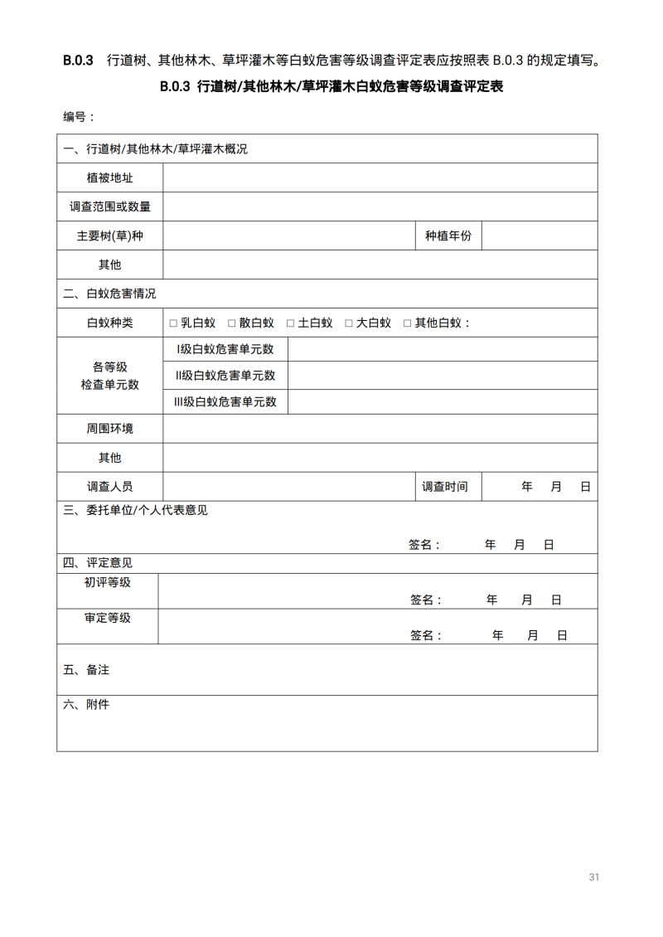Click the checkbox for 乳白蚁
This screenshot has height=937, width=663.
pyautogui.click(x=173, y=323)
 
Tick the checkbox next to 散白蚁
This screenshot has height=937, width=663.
pyautogui.click(x=232, y=323)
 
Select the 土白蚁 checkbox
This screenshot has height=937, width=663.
pyautogui.click(x=291, y=323)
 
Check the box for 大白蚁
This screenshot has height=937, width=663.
pyautogui.click(x=349, y=323)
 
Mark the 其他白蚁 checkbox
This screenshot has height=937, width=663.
pyautogui.click(x=407, y=323)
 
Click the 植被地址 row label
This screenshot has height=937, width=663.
pyautogui.click(x=109, y=177)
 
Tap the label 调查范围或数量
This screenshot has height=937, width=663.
pyautogui.click(x=109, y=206)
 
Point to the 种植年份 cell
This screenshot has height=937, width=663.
pyautogui.click(x=448, y=235)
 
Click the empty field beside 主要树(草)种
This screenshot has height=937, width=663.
pyautogui.click(x=288, y=235)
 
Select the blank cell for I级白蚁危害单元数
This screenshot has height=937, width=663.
pyautogui.click(x=442, y=349)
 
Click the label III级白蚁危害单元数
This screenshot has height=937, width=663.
pyautogui.click(x=225, y=402)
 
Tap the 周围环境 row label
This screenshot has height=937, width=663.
pyautogui.click(x=109, y=429)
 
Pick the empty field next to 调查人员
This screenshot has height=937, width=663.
pyautogui.click(x=288, y=487)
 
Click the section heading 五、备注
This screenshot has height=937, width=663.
pyautogui.click(x=86, y=669)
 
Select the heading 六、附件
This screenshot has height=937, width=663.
pyautogui.click(x=86, y=705)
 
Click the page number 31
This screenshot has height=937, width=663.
pyautogui.click(x=593, y=876)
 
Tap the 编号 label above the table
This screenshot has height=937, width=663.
pyautogui.click(x=79, y=117)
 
